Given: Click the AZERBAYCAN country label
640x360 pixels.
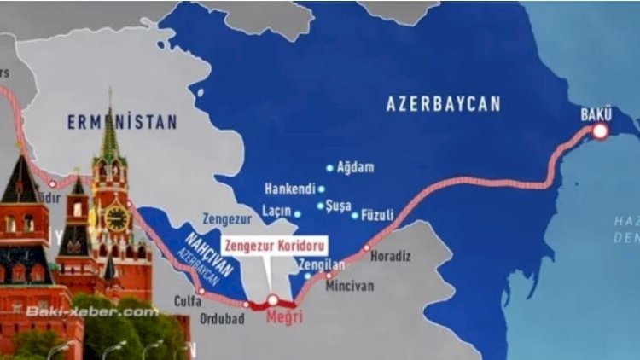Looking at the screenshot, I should tap(443, 104).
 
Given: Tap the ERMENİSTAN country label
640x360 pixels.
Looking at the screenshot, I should tap(122, 123).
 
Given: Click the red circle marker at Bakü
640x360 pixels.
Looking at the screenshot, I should tap(601, 131).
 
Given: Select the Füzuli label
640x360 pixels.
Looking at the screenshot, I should tap(378, 214).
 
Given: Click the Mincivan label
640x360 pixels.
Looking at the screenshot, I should tap(349, 286).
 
